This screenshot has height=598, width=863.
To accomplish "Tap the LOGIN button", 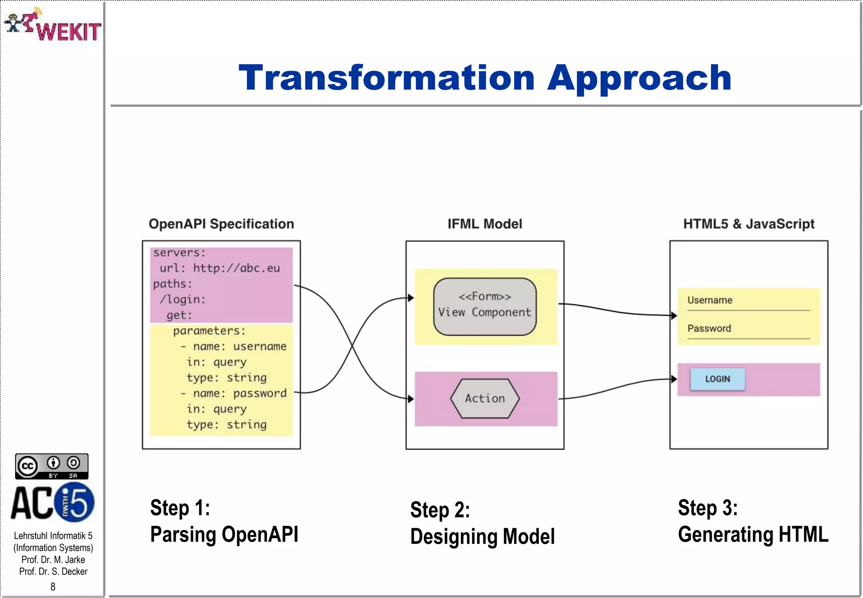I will point(717,379).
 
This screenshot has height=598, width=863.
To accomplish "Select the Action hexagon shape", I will point(485,398).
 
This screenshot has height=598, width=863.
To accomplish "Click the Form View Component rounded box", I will point(485,306).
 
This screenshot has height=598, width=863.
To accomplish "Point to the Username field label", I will point(710,300).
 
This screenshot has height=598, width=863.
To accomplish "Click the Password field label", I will point(709,328).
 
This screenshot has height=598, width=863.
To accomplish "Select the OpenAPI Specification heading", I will point(221,224).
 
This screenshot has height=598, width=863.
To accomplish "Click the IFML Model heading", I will point(485,224).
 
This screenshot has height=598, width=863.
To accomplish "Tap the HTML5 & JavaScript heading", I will point(748,224).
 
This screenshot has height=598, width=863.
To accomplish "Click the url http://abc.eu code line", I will point(220,268).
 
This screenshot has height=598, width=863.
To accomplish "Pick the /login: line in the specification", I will point(183,299).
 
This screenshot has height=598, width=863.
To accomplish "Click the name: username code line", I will point(234,347).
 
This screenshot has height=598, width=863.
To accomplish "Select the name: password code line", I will point(234,393).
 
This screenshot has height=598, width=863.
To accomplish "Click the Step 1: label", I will point(180,508).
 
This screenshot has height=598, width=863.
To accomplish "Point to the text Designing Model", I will point(482,537).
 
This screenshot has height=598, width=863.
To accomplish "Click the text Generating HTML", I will point(753,534).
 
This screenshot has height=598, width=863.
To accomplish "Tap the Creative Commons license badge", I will point(52,466).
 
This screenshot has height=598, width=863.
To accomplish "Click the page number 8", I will point(53,587).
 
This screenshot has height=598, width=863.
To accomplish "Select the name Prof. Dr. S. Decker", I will point(53,571).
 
